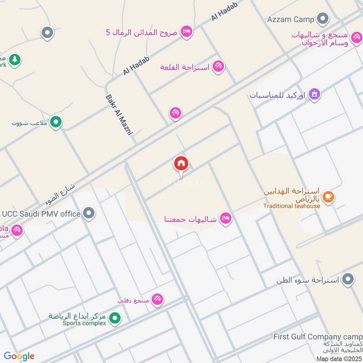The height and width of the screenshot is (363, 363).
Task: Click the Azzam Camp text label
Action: (x=290, y=19)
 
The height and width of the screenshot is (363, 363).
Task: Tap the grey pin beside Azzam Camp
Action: (x=323, y=19)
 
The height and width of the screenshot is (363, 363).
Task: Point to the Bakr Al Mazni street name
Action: (x=118, y=115)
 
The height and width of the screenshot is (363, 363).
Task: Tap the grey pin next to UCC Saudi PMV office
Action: (x=89, y=213)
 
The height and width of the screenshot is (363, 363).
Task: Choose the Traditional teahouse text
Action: (x=292, y=206)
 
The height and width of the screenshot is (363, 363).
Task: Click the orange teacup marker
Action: (x=329, y=197)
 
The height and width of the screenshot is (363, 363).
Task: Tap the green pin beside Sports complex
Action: (x=115, y=319)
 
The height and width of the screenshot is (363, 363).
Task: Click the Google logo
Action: (x=19, y=356)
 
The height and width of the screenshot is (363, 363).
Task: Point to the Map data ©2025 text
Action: (x=339, y=359)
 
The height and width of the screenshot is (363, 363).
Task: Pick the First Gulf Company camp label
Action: (x=318, y=337)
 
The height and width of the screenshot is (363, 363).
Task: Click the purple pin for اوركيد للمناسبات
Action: (x=314, y=94)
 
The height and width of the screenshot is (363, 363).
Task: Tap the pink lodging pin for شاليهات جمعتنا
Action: (x=225, y=219)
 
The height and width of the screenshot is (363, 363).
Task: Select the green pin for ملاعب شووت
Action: (x=56, y=122)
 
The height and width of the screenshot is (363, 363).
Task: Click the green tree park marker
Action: (x=15, y=59)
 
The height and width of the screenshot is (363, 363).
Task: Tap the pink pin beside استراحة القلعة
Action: (x=218, y=67)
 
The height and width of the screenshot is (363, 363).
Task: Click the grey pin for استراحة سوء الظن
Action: (x=348, y=279)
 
